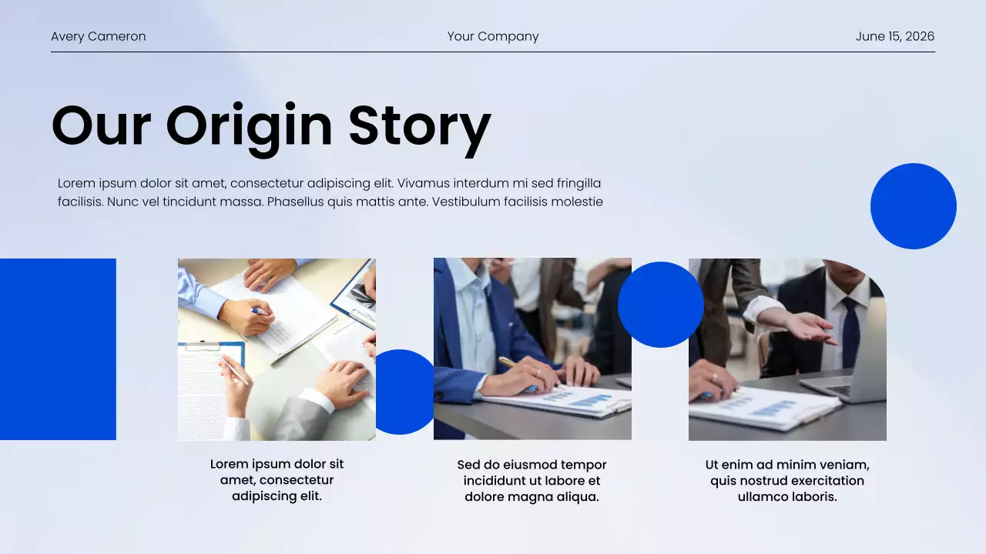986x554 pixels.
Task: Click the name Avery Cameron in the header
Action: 98,36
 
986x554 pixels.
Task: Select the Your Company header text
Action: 493,36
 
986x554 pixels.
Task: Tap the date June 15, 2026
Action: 894,36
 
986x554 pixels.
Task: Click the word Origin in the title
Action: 249,126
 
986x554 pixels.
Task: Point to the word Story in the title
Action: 419,126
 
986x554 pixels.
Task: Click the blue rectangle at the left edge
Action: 58,349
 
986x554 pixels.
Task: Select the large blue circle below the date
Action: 913,206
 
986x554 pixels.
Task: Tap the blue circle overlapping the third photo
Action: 660,305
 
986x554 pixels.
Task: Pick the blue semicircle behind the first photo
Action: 405,392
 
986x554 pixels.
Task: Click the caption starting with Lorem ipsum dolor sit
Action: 277,480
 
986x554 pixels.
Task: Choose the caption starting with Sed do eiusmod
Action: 532,481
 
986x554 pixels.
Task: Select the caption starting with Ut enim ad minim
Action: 787,481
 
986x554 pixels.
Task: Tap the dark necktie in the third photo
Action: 850,331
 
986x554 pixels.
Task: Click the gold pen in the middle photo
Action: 509,363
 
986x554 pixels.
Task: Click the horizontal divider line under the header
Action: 493,52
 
